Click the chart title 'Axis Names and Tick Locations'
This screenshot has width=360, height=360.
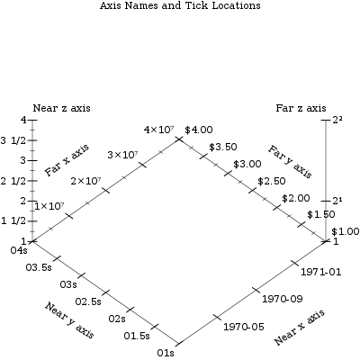click(x=180, y=5)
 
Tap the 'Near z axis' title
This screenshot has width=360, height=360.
click(x=61, y=108)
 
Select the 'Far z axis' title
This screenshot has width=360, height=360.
click(x=301, y=108)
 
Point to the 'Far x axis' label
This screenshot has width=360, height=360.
click(x=67, y=160)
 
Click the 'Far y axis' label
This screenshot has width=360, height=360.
click(x=291, y=161)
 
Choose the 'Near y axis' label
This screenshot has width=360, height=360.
click(x=70, y=320)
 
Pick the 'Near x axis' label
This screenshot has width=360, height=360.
click(x=300, y=327)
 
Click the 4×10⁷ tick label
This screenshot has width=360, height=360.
click(x=159, y=130)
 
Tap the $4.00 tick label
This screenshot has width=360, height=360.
click(x=199, y=130)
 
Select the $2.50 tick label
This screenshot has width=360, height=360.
click(x=272, y=181)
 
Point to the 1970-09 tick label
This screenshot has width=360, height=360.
click(x=283, y=299)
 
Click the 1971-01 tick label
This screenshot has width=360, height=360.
click(x=321, y=272)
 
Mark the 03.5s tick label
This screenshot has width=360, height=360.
click(x=39, y=267)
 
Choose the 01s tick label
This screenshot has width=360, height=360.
click(x=166, y=353)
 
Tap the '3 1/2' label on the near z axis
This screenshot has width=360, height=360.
click(x=13, y=140)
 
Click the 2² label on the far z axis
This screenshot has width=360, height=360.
click(x=337, y=120)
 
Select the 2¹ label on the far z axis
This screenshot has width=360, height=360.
click(x=337, y=201)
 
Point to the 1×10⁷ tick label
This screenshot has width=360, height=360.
click(x=49, y=206)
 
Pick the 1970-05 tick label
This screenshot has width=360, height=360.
click(x=244, y=327)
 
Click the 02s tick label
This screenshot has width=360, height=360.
click(x=117, y=319)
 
